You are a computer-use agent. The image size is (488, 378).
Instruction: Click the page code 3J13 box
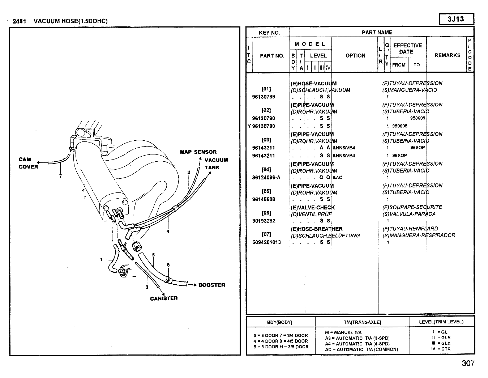click(456, 19)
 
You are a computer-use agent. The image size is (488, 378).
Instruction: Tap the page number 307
click(468, 363)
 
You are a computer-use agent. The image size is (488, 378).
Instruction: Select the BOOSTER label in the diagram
click(211, 285)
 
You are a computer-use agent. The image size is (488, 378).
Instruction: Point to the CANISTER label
click(164, 298)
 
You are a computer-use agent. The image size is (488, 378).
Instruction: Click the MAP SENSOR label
click(198, 152)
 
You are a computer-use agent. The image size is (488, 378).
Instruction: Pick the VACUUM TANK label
click(216, 163)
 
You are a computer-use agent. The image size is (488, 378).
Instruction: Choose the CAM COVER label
click(28, 163)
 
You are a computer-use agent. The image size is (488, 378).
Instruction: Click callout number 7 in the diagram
click(60, 176)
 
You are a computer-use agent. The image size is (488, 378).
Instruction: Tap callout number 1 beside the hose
click(102, 259)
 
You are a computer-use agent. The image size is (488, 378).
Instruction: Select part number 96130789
click(264, 97)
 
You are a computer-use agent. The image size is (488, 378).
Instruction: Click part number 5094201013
click(266, 242)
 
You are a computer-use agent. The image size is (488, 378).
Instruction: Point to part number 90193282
click(264, 221)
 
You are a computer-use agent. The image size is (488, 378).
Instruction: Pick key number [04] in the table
click(266, 169)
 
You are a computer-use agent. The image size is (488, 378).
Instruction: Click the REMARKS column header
click(447, 55)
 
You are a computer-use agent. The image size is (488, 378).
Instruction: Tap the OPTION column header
click(355, 55)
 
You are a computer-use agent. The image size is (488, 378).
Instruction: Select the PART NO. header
click(272, 56)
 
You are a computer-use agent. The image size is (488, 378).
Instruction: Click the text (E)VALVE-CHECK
click(313, 208)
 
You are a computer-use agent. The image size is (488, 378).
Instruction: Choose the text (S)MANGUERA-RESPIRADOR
click(419, 235)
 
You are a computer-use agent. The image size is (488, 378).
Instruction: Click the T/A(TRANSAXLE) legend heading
click(362, 322)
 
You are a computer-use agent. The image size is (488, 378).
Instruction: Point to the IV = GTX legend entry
click(441, 349)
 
